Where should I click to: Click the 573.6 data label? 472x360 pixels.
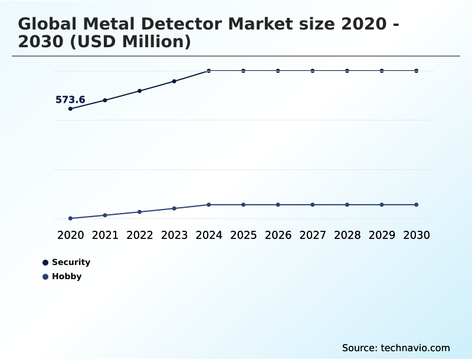pyautogui.click(x=70, y=100)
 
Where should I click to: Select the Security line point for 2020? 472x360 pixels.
pyautogui.click(x=71, y=109)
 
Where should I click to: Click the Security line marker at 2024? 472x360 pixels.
pyautogui.click(x=209, y=71)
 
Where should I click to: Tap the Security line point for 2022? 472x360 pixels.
pyautogui.click(x=140, y=91)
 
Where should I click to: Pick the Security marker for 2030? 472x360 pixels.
pyautogui.click(x=417, y=71)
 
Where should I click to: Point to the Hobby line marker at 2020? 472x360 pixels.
pyautogui.click(x=71, y=218)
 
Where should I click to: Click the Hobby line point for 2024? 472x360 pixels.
pyautogui.click(x=209, y=205)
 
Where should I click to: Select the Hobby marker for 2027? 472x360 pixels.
pyautogui.click(x=313, y=205)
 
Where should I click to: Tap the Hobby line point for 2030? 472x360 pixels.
pyautogui.click(x=417, y=205)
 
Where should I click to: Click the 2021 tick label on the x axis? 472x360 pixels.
pyautogui.click(x=105, y=235)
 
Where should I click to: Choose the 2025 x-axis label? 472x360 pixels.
pyautogui.click(x=243, y=235)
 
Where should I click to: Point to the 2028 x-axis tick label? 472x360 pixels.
pyautogui.click(x=347, y=235)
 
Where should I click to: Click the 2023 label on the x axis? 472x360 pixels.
pyautogui.click(x=174, y=235)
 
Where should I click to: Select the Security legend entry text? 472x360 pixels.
pyautogui.click(x=71, y=262)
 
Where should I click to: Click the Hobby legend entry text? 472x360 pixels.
pyautogui.click(x=67, y=276)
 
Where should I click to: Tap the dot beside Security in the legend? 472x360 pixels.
pyautogui.click(x=45, y=263)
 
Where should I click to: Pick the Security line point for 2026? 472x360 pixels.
pyautogui.click(x=278, y=71)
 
